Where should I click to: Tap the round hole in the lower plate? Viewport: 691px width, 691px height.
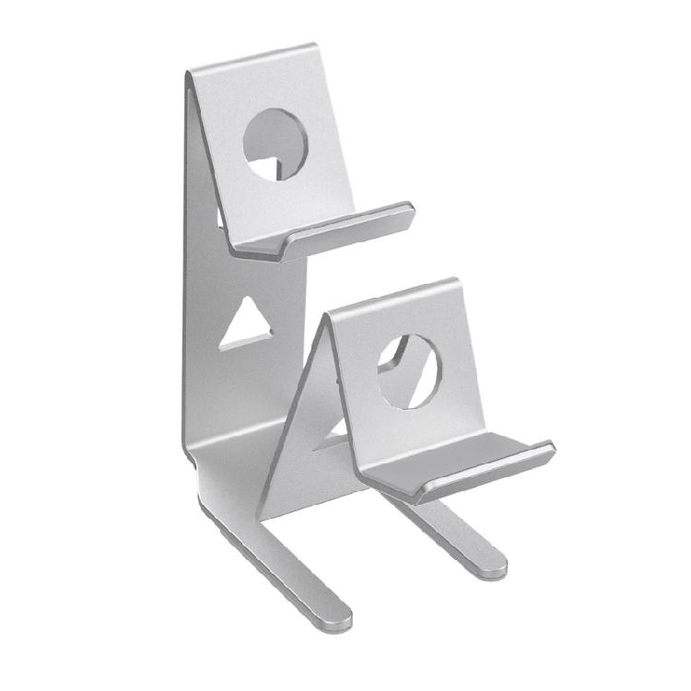tap(409, 370)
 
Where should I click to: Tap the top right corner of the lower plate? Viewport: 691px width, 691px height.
tap(454, 282)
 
